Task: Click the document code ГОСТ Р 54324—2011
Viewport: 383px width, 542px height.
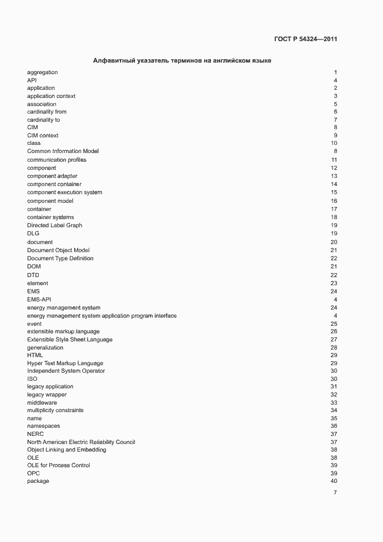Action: pyautogui.click(x=305, y=39)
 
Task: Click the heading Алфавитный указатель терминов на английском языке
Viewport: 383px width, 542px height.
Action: pyautogui.click(x=182, y=60)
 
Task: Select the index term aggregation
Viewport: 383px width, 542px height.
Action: pyautogui.click(x=42, y=72)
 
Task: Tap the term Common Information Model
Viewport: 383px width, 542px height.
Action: pyautogui.click(x=63, y=151)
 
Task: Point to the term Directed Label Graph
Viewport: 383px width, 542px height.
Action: pyautogui.click(x=54, y=225)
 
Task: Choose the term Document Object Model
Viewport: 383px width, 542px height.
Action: pyautogui.click(x=58, y=250)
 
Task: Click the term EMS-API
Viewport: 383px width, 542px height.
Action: pyautogui.click(x=39, y=299)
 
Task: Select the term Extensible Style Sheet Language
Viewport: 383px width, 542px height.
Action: pyautogui.click(x=70, y=340)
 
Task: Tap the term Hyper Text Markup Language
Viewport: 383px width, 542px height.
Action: pyautogui.click(x=65, y=363)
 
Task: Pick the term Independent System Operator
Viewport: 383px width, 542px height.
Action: pyautogui.click(x=66, y=371)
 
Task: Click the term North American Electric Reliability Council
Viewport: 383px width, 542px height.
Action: pyautogui.click(x=81, y=442)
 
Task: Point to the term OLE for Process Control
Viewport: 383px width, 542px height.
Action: pyautogui.click(x=59, y=465)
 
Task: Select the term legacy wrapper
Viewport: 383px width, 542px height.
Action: pyautogui.click(x=47, y=395)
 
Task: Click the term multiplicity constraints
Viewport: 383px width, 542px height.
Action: pyautogui.click(x=55, y=410)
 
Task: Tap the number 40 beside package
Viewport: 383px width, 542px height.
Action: pyautogui.click(x=334, y=481)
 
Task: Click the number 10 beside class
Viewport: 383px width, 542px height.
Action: pyautogui.click(x=334, y=143)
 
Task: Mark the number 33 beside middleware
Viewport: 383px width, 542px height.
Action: pyautogui.click(x=334, y=403)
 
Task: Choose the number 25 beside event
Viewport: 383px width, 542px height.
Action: pyautogui.click(x=334, y=324)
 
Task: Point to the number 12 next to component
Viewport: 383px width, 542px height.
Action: pyautogui.click(x=334, y=168)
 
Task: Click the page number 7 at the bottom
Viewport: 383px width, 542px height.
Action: pyautogui.click(x=335, y=493)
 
